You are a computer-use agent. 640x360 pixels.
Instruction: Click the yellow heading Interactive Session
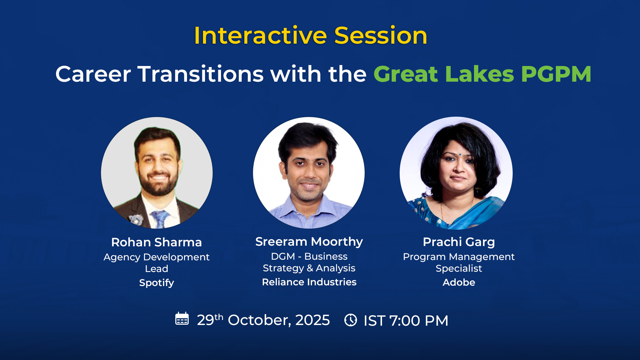click(310, 35)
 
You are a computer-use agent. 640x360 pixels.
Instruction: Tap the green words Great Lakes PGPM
click(482, 74)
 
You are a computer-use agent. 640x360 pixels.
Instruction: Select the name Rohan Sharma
click(156, 242)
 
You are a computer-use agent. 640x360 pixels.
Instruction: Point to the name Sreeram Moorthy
click(309, 242)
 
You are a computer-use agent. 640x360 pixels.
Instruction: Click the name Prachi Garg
click(459, 242)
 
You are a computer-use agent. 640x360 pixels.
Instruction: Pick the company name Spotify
click(156, 283)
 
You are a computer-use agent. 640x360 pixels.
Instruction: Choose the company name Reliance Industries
click(309, 282)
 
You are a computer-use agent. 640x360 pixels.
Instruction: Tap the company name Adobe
click(459, 282)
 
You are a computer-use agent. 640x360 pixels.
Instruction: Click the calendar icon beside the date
click(182, 319)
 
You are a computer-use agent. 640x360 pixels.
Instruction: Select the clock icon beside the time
click(351, 320)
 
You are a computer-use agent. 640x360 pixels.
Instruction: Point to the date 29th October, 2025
click(263, 320)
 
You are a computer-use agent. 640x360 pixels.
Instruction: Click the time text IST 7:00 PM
click(406, 321)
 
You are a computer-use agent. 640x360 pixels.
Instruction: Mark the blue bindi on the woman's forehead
click(460, 154)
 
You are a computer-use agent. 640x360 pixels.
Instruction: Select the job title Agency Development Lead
click(156, 263)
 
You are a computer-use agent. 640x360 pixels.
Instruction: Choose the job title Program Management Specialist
click(459, 262)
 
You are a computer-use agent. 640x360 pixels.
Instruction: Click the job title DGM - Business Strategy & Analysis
click(309, 262)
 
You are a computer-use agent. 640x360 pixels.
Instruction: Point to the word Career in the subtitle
click(93, 74)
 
